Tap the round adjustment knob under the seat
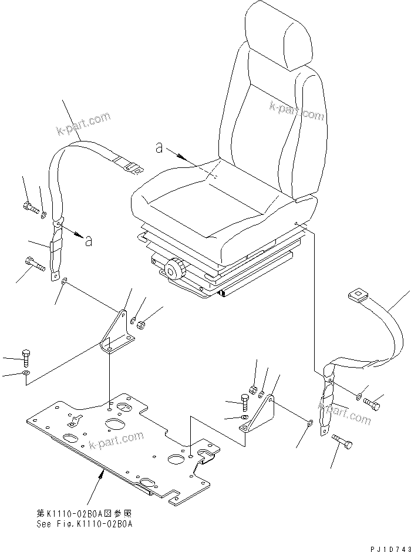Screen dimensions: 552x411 pyautogui.click(x=174, y=270)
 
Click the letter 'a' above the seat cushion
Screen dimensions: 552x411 pyautogui.click(x=159, y=148)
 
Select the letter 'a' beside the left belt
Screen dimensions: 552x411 pyautogui.click(x=87, y=241)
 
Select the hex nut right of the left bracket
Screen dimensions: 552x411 pyautogui.click(x=141, y=322)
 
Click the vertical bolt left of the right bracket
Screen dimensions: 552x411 pyautogui.click(x=245, y=403)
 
